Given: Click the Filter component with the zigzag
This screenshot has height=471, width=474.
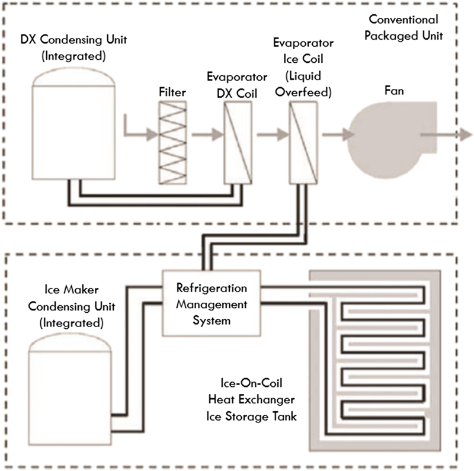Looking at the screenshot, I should (x=172, y=142).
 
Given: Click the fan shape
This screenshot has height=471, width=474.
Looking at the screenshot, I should (x=387, y=136).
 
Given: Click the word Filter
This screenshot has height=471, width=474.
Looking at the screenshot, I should (x=172, y=92).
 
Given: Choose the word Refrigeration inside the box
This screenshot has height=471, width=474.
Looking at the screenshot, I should (x=212, y=290).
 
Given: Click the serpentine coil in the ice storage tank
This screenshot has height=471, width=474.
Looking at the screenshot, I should (x=379, y=355).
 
